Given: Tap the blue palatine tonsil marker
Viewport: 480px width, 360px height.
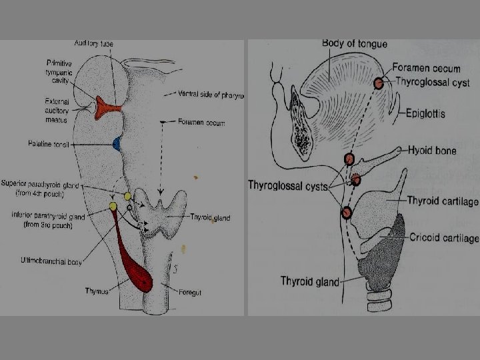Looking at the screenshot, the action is tap(117, 143).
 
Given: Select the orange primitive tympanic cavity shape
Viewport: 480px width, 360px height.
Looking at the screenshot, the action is tap(107, 107).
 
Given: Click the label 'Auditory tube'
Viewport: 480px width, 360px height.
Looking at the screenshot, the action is tap(93, 44).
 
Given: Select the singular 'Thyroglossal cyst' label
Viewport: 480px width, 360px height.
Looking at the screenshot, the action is tap(432, 83).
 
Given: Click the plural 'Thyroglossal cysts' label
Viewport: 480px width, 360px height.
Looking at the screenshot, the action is tap(288, 185).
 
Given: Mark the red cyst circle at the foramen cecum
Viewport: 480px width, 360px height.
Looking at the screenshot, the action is tap(378, 83).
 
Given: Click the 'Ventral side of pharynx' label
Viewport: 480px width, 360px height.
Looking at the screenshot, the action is tap(211, 95).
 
